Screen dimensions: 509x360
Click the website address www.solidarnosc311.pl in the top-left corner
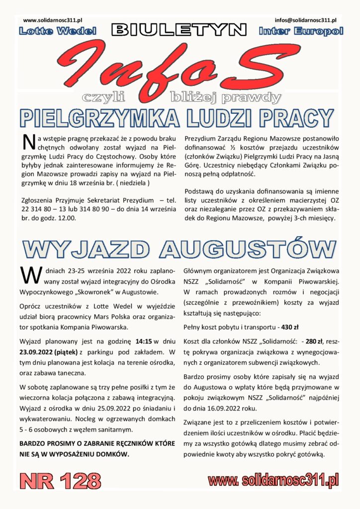(x=53, y=20)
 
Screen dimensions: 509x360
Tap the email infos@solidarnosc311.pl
(x=305, y=20)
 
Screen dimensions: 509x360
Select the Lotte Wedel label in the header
(x=57, y=31)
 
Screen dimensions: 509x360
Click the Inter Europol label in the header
(x=301, y=31)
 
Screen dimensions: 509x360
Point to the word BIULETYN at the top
(x=179, y=31)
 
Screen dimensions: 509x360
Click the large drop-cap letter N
(x=29, y=142)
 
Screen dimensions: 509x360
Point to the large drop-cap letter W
(x=29, y=273)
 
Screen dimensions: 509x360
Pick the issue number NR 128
(x=60, y=481)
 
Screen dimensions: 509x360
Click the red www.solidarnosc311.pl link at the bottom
(x=274, y=480)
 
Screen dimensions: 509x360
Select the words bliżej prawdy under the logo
(x=225, y=96)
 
